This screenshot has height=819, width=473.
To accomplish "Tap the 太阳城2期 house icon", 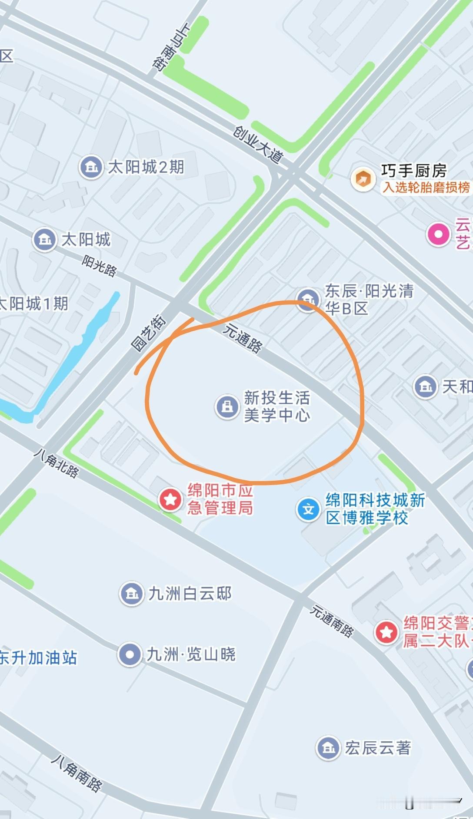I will coord(91,167).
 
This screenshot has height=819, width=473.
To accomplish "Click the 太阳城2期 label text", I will coord(146,167).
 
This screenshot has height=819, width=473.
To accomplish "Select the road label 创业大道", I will coord(258,144).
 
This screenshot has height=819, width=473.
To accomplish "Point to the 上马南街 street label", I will coord(171,46).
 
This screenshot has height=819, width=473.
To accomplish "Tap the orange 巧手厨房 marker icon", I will coord(363,178).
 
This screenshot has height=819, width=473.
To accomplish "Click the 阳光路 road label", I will coord(100,265).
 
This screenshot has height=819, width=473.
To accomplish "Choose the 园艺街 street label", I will coord(149,333).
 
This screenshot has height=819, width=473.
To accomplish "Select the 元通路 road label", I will coord(243,339).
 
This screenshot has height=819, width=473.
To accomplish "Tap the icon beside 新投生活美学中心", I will coord(227,406).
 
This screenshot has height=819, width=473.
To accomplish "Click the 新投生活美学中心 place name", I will coord(277,406).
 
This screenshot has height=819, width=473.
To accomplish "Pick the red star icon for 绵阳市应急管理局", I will coord(170,499).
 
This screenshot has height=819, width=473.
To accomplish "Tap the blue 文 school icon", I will coord(308,509).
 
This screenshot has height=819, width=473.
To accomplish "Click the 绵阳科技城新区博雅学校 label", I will coord(375,509).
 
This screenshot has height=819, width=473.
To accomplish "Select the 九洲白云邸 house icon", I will coord(132,593).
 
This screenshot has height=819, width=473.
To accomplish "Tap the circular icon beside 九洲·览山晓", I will coord(130,654).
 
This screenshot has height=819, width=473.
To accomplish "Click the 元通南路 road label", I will coord(331,621).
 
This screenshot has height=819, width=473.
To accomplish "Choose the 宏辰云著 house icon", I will coord(328,748).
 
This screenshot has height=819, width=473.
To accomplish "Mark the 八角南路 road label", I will coord(77,773).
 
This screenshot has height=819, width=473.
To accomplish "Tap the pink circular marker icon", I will coord(438,234).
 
